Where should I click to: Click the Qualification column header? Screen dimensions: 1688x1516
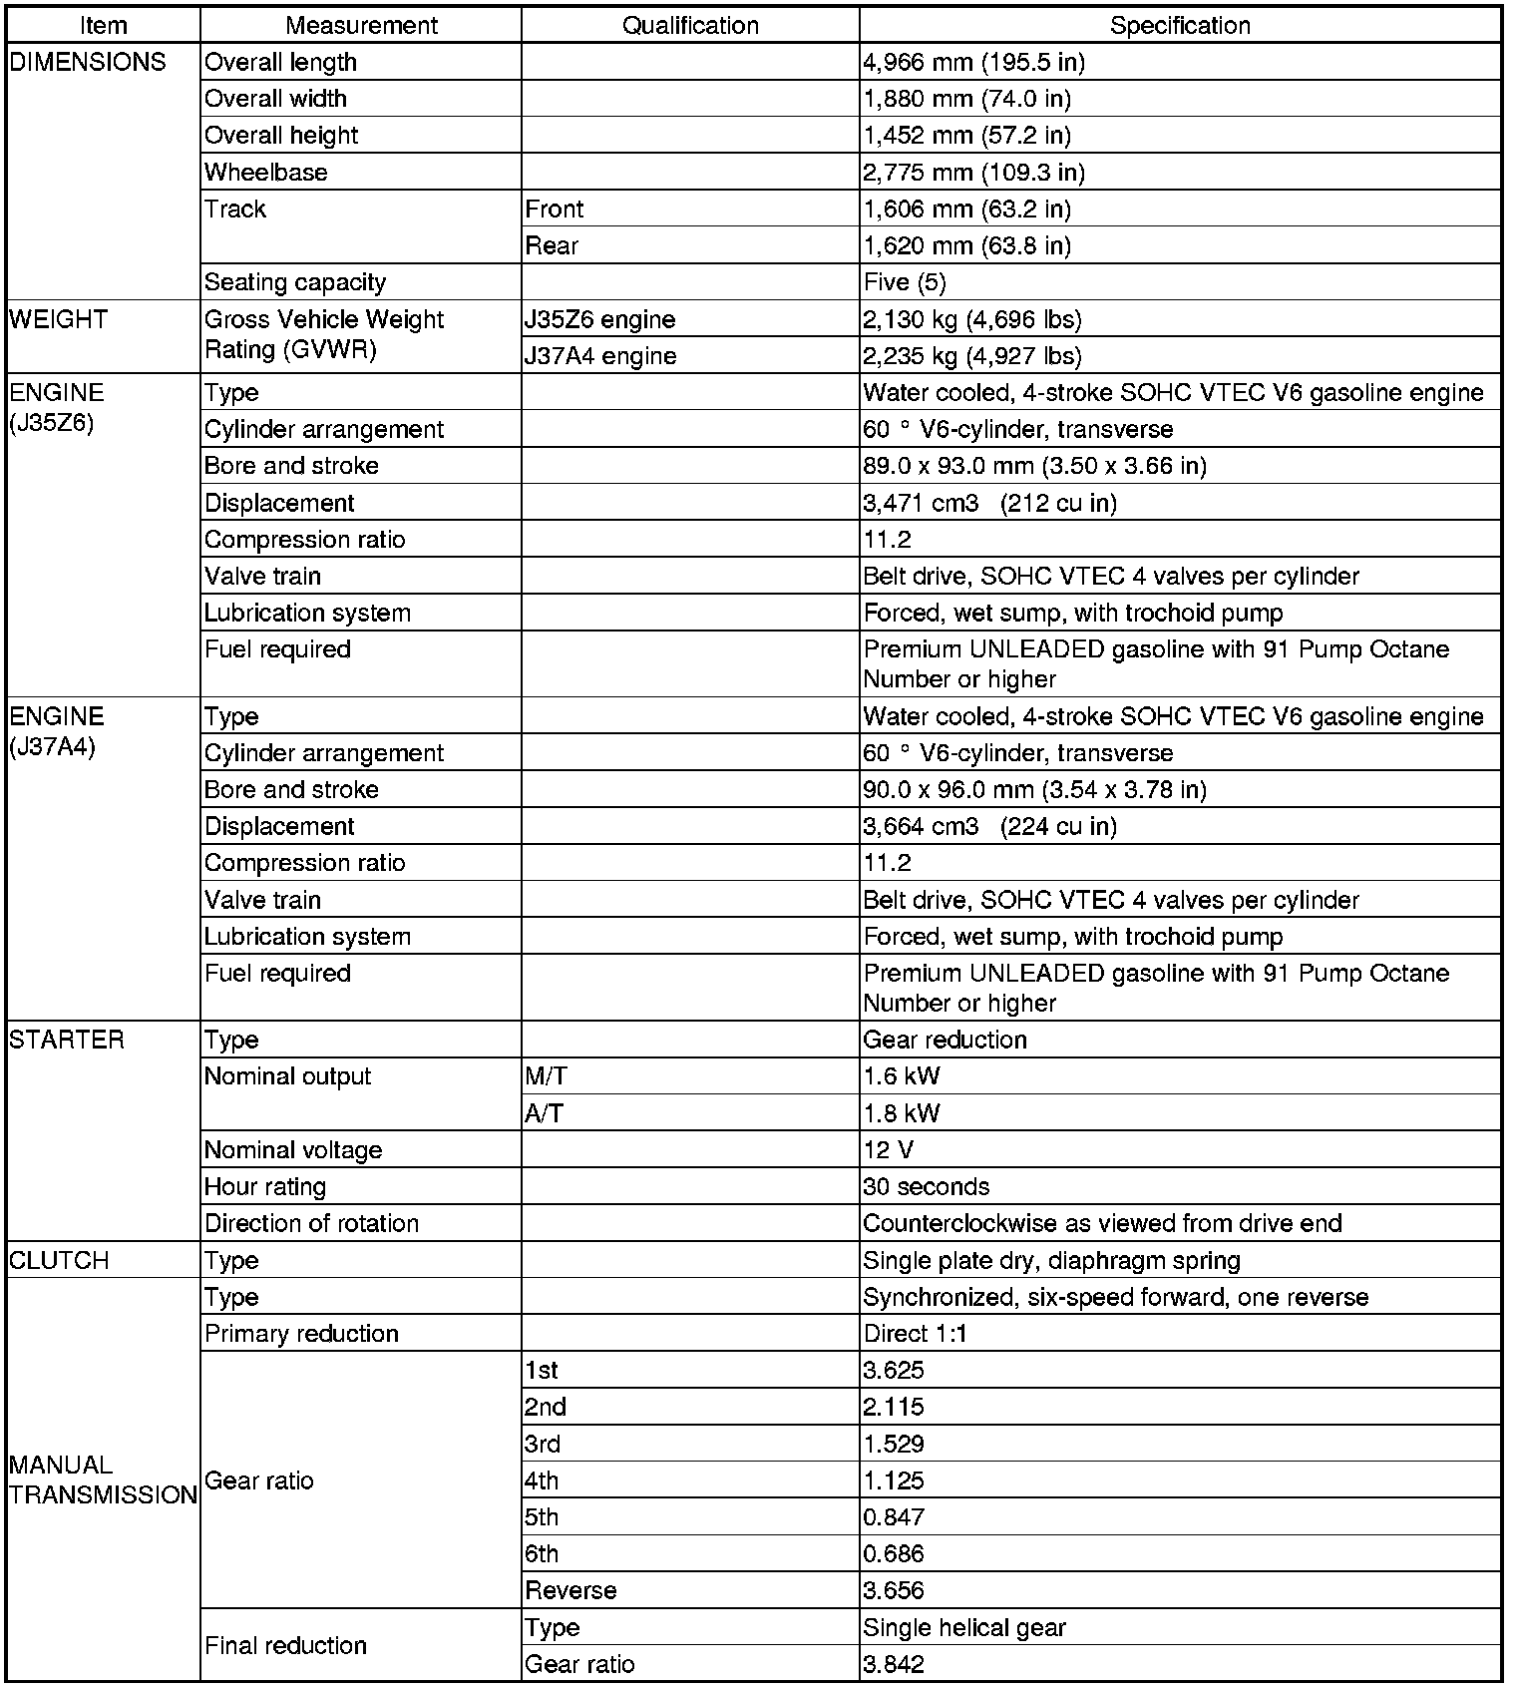pos(690,25)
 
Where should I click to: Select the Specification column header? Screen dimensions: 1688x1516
pos(1180,25)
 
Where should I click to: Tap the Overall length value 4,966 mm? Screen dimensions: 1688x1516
pos(973,63)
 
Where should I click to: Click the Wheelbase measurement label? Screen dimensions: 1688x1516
pos(266,173)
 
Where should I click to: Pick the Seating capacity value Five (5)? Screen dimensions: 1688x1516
pos(905,282)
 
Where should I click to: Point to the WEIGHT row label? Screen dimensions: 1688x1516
pos(58,319)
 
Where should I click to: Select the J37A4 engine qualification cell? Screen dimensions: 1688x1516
pos(600,356)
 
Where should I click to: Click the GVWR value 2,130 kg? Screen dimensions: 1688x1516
pos(971,319)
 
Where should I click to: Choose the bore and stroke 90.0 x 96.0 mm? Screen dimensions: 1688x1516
pos(1034,790)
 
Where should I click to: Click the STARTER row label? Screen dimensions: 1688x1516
pos(67,1040)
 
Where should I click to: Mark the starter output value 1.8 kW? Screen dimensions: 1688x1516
pos(902,1113)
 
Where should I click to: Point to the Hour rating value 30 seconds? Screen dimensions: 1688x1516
pos(926,1187)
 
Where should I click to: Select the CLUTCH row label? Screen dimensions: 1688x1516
pos(59,1260)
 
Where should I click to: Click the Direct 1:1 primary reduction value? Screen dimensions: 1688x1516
pos(915,1334)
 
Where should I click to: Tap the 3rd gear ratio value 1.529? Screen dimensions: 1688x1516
pos(894,1444)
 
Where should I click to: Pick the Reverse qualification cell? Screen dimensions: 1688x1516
pos(571,1590)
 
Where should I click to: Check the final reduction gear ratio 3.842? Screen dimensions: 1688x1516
pos(894,1664)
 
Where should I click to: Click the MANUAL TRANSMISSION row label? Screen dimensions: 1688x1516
pos(103,1479)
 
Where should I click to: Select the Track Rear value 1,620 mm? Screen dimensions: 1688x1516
pos(966,245)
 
